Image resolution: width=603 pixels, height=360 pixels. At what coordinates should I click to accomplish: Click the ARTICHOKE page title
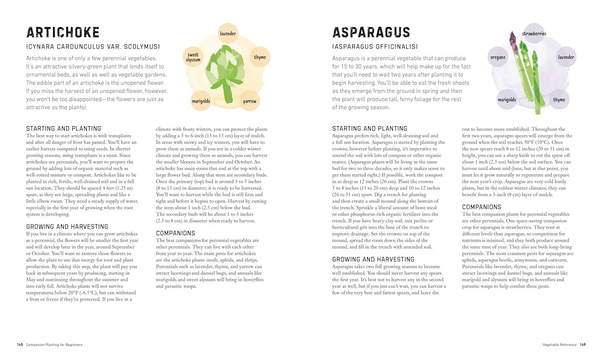[x=63, y=33]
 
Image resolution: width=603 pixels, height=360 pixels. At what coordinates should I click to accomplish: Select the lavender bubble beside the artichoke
[x=228, y=33]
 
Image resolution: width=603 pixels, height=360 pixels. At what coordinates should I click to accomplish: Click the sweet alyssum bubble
[x=193, y=57]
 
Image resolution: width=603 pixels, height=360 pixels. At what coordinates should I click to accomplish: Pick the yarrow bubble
[x=249, y=101]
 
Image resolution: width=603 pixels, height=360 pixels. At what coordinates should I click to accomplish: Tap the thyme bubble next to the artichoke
[x=260, y=57]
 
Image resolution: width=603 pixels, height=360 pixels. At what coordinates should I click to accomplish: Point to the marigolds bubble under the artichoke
[x=201, y=101]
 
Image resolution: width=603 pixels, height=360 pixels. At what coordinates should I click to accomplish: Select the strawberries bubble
[x=534, y=34]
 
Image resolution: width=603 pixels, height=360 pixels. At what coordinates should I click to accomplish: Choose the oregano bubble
[x=498, y=57]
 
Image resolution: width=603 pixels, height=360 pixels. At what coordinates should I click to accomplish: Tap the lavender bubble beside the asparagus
[x=566, y=57]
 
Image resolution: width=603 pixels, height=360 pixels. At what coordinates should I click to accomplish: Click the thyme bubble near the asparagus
[x=559, y=100]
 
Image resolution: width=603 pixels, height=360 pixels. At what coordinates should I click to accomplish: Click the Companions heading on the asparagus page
[x=482, y=207]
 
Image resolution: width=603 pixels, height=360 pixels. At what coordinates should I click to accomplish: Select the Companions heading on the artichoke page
[x=175, y=233]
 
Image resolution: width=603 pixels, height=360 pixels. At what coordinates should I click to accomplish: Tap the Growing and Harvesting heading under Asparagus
[x=373, y=259]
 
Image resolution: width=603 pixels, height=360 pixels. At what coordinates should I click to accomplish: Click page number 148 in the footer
[x=20, y=345]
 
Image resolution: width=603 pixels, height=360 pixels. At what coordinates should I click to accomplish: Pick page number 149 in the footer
[x=583, y=345]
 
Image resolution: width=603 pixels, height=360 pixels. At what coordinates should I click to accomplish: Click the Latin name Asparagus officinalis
[x=375, y=47]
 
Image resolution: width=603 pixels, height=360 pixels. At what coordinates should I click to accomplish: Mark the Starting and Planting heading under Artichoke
[x=64, y=129]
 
